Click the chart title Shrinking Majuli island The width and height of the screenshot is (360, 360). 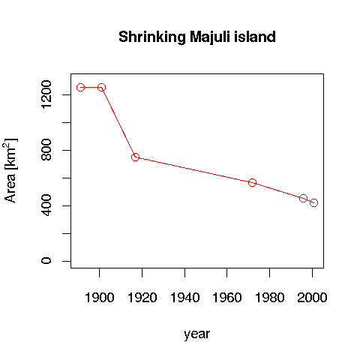(x=196, y=37)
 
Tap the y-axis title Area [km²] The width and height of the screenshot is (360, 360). (x=11, y=170)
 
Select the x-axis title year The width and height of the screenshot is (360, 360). (x=196, y=334)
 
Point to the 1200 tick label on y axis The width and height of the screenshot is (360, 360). (x=46, y=95)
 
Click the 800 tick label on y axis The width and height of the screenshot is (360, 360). (x=46, y=151)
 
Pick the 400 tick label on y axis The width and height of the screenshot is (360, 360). (x=46, y=205)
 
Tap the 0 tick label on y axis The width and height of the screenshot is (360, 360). (x=46, y=261)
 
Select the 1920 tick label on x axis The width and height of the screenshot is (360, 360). (x=142, y=297)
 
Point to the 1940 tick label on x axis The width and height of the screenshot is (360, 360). (x=184, y=297)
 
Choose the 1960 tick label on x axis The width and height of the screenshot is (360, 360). (x=227, y=297)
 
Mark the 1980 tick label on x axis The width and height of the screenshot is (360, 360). (x=270, y=297)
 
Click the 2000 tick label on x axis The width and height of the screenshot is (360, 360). (x=312, y=297)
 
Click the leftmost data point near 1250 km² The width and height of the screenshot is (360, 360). (x=80, y=88)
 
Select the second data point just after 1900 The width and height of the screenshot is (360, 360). (x=101, y=88)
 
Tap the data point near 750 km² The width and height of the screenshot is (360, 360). (x=135, y=157)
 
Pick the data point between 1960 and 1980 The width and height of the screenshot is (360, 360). (x=253, y=182)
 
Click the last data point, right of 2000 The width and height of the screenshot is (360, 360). (x=314, y=202)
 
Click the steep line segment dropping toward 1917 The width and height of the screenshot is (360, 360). (x=118, y=122)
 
